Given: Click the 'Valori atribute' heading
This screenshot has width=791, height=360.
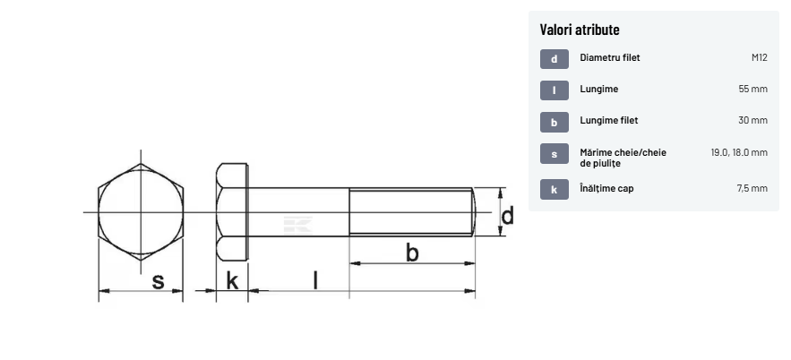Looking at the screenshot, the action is [x=580, y=30].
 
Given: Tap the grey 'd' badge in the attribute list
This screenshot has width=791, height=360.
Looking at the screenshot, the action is [x=554, y=59].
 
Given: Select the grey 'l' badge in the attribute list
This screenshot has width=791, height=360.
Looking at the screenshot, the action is [x=554, y=90].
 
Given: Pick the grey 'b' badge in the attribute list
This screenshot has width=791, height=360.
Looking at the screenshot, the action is [x=554, y=122].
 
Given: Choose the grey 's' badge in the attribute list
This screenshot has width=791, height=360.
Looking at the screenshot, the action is [x=554, y=154].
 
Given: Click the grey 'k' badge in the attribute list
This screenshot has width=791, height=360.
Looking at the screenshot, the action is [x=554, y=190].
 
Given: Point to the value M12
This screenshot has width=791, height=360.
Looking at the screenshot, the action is [x=760, y=57].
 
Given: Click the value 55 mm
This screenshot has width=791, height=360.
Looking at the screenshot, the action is [x=752, y=90].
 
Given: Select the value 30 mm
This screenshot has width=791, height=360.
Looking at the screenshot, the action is [x=752, y=121].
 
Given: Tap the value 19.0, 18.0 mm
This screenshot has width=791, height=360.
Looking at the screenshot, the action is [x=739, y=152].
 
